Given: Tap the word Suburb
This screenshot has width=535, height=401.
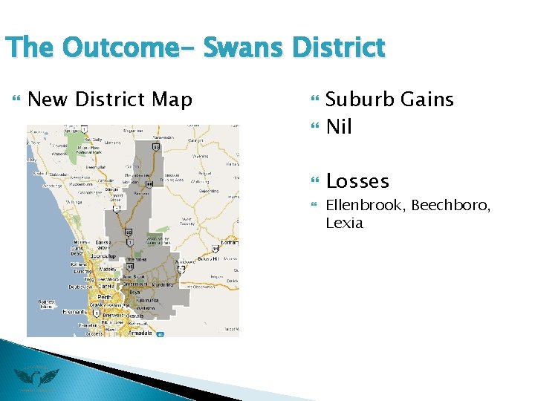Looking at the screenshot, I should tap(359, 100).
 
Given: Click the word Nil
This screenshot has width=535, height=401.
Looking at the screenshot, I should tap(339, 127).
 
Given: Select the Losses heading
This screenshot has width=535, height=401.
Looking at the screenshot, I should tap(357, 181).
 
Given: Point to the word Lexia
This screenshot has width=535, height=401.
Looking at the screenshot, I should tap(344, 223).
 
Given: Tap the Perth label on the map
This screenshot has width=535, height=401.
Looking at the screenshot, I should tap(104, 297).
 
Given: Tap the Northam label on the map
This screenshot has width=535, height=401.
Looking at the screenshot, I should tap(230, 243).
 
